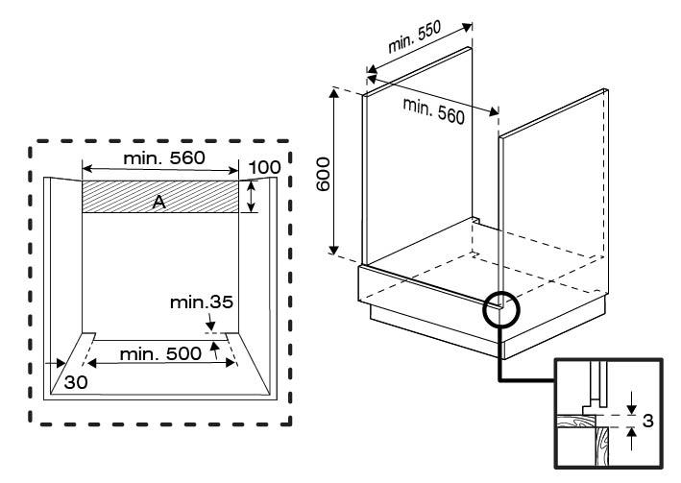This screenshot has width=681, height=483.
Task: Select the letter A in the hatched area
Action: [x=158, y=198]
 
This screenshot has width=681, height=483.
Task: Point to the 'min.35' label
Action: [x=202, y=302]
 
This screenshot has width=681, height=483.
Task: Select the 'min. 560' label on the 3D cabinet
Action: [x=433, y=112]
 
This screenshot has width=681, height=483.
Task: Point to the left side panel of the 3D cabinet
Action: [x=418, y=163]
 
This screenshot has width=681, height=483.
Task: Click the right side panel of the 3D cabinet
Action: [x=552, y=192]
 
